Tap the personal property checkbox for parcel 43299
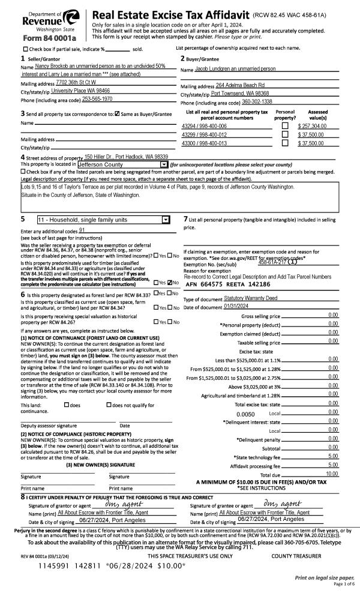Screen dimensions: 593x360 [284, 135]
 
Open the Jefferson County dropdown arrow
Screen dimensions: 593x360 [164, 164]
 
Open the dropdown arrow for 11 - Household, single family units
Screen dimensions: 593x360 [166, 220]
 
